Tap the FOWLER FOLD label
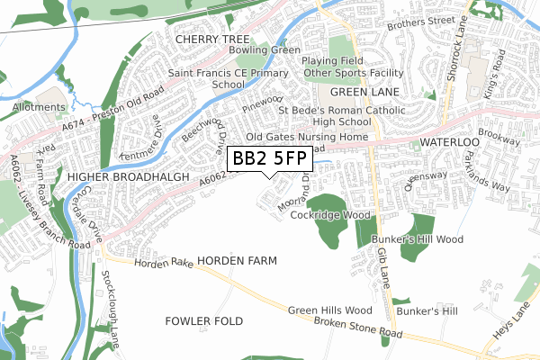198,320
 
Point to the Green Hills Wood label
329,310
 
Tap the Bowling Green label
263,50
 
